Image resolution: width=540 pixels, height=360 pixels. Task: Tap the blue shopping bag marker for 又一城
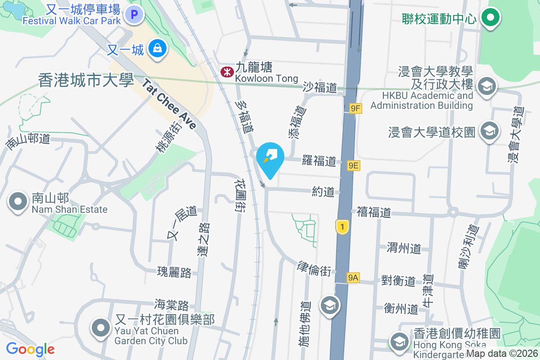coord(157,48)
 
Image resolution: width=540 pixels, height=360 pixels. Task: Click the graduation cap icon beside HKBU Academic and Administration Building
coord(486,86)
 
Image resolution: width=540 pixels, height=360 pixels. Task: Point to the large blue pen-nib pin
coord(270,159)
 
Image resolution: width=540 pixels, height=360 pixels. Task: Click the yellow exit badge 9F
coord(355,108)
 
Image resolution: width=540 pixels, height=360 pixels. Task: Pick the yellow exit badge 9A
coord(353,278)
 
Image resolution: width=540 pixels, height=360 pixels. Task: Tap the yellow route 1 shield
coord(342,227)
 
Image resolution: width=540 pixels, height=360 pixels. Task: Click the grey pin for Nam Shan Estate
coord(18,202)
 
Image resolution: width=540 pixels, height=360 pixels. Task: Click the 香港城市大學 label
coord(86,81)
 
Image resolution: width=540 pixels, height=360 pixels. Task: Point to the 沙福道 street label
coord(320,87)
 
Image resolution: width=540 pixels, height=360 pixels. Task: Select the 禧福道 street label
coord(373,212)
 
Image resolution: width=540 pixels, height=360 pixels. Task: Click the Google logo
coord(30,349)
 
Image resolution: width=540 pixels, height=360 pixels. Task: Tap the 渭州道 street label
coord(404,247)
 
